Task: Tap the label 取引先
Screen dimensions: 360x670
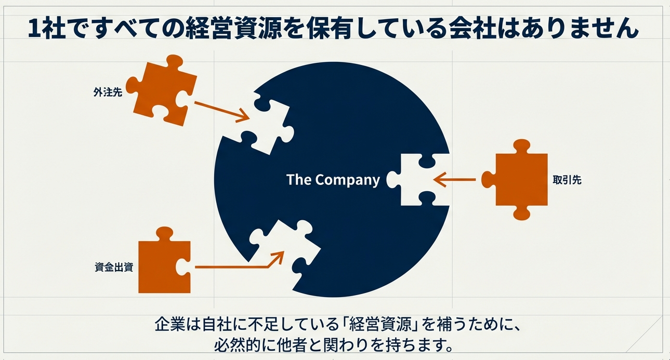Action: coord(567,180)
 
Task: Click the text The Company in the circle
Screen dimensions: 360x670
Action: coord(333,180)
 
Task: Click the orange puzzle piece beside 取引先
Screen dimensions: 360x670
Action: coord(517,179)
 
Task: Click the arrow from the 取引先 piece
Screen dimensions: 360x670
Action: coord(454,180)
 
